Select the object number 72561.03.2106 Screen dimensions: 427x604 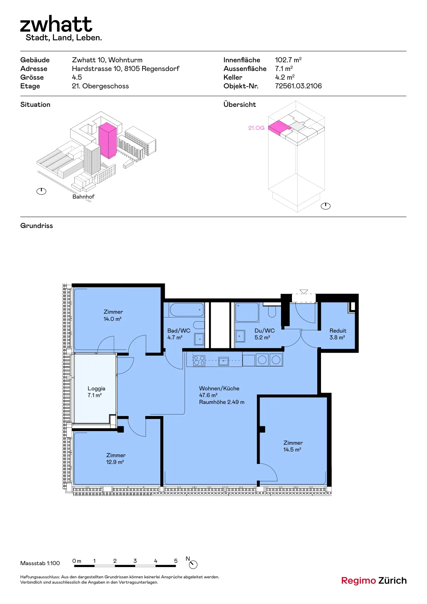pyautogui.click(x=298, y=86)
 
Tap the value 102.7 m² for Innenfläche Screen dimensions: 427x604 pyautogui.click(x=288, y=60)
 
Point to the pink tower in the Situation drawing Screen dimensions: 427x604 pyautogui.click(x=108, y=140)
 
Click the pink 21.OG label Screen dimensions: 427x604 pyautogui.click(x=256, y=128)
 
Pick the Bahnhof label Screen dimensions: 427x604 pyautogui.click(x=83, y=197)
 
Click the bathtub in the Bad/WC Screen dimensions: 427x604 pyautogui.click(x=186, y=310)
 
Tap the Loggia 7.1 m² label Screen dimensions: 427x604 pyautogui.click(x=96, y=392)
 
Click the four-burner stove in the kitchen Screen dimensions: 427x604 pyautogui.click(x=199, y=360)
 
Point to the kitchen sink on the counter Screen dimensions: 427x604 pyautogui.click(x=223, y=361)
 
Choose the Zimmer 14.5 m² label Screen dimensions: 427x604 pyautogui.click(x=293, y=446)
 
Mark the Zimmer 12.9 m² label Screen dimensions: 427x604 pyautogui.click(x=115, y=458)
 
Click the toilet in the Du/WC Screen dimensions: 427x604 pyautogui.click(x=272, y=311)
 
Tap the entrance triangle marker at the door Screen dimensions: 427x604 pyautogui.click(x=304, y=292)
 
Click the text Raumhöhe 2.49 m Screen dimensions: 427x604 pyautogui.click(x=222, y=402)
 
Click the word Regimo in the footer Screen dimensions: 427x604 pyautogui.click(x=358, y=581)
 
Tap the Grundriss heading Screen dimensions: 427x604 pyautogui.click(x=37, y=226)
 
